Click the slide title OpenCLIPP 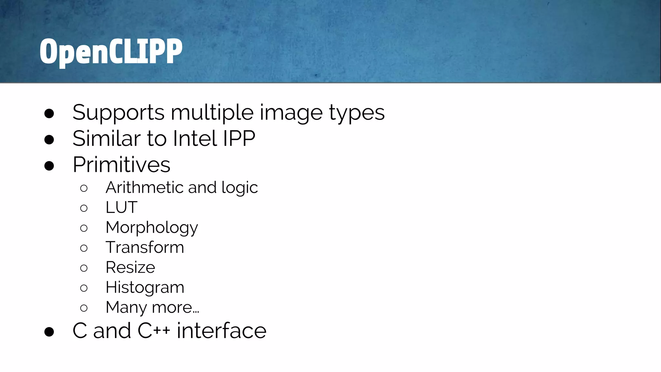[x=111, y=51]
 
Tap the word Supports [x=118, y=113]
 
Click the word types [x=357, y=113]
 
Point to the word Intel [x=195, y=139]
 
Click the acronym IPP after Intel [x=239, y=139]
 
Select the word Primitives [x=121, y=165]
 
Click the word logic [x=239, y=188]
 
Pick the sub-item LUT [x=121, y=207]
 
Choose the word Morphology [x=152, y=228]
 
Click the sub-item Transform [x=145, y=247]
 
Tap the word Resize [x=130, y=267]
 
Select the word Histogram [x=145, y=287]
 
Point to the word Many [x=126, y=307]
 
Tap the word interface [x=221, y=331]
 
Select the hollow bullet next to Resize [x=84, y=268]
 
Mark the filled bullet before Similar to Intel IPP [x=49, y=139]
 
